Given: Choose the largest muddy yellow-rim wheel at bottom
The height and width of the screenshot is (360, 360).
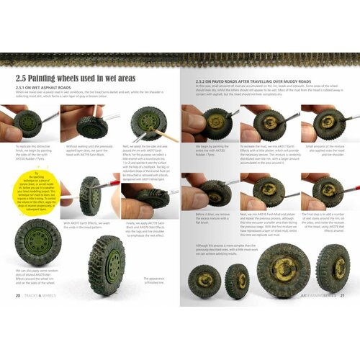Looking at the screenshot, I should (282, 269).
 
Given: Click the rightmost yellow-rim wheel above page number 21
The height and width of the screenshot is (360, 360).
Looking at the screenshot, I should (333, 268).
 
